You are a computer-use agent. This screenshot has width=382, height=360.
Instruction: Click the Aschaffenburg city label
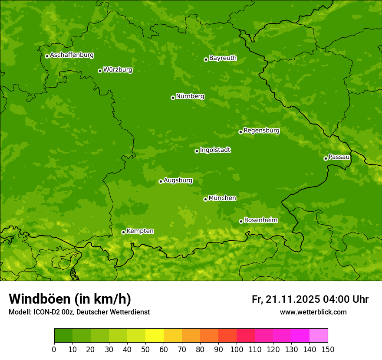coord(72,55)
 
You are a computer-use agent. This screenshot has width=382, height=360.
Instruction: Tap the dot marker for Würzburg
coord(100,71)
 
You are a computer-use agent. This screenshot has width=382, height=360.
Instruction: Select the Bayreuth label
coord(223,58)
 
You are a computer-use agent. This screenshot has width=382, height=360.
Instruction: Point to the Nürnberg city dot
coord(173,98)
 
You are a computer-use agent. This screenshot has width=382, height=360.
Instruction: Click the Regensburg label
coord(261,131)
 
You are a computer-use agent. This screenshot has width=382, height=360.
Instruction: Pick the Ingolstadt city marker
coord(197,151)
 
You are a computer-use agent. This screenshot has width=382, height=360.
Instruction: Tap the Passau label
coord(339,157)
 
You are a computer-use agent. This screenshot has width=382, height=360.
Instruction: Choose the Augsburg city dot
coord(161,181)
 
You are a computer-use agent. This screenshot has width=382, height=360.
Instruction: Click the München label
coord(222,198)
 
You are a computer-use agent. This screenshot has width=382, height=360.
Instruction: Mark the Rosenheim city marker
coord(241,221)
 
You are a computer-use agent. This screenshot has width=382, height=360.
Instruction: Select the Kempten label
coord(140,231)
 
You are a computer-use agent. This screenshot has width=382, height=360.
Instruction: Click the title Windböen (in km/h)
coord(69,299)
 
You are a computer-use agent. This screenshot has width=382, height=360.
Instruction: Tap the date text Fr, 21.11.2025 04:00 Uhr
coord(310,299)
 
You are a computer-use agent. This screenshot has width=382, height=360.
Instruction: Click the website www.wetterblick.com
coord(313,312)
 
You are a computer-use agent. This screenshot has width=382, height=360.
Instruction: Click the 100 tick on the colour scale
coord(237,349)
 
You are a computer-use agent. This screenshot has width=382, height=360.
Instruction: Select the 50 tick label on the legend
coord(145,349)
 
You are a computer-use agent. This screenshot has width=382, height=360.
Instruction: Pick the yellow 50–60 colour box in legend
coord(155,335)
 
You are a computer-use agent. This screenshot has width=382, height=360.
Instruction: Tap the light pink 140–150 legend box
coord(319,335)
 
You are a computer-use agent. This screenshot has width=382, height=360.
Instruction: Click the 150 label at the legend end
coord(328,349)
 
